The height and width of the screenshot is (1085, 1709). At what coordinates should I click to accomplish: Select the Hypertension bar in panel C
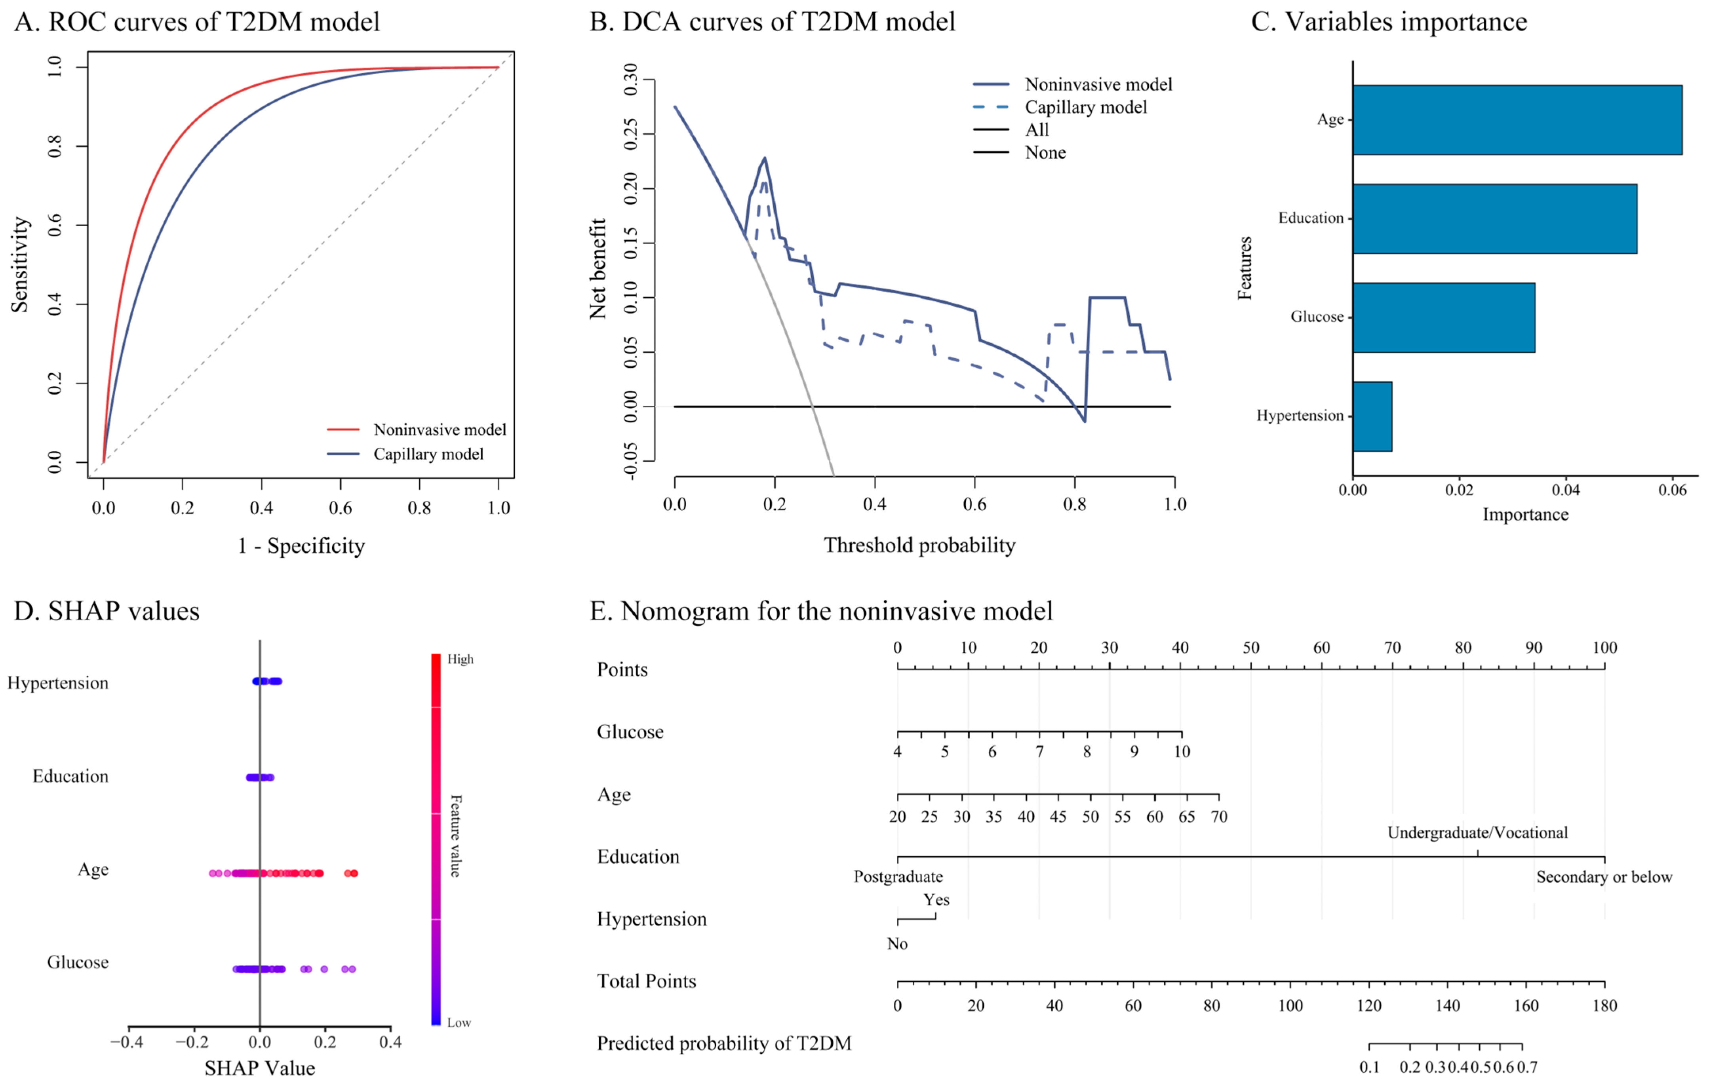(1372, 416)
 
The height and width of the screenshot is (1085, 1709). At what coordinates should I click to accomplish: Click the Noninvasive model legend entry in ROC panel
(439, 430)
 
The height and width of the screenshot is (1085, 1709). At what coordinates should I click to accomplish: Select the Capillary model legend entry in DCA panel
(1085, 107)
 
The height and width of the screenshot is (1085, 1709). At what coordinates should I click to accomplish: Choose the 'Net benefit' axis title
(598, 268)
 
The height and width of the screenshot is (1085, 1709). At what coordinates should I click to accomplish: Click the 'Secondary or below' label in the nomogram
(1604, 877)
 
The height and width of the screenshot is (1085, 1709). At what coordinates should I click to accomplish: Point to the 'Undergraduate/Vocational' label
(1478, 832)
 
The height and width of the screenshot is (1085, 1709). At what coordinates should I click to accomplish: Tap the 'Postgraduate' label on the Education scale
(898, 877)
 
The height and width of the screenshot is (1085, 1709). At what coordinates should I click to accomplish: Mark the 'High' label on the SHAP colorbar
(460, 659)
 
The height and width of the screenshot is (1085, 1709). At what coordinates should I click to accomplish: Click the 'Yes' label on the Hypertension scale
(936, 900)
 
